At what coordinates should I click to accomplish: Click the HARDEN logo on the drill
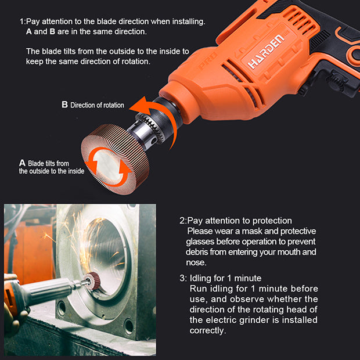click(x=266, y=52)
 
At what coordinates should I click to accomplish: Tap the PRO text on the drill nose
click(x=207, y=60)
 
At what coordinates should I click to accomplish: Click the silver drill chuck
click(x=147, y=128)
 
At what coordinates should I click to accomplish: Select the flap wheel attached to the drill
click(x=116, y=159)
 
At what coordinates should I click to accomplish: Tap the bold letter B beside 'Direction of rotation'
click(x=65, y=105)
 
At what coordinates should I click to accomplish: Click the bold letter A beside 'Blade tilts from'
click(x=22, y=163)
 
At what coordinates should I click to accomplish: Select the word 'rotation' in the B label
click(x=114, y=105)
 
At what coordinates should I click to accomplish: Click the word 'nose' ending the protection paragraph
click(x=196, y=262)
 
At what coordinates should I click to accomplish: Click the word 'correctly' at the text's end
click(x=208, y=330)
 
